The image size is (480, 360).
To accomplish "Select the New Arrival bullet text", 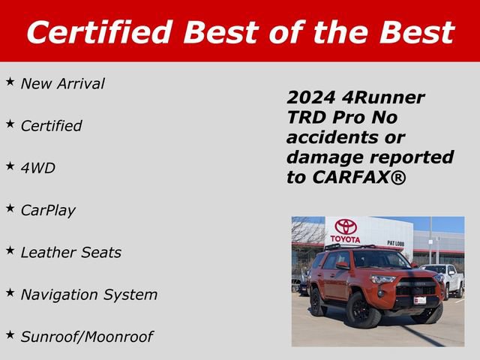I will point(62,84).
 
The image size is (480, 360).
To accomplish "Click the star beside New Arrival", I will point(10,79).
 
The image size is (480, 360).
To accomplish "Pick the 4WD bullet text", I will point(37,168).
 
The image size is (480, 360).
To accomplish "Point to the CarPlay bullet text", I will point(48,211).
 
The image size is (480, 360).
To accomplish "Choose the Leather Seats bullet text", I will point(70,253).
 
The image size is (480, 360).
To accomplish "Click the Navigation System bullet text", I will point(88,295).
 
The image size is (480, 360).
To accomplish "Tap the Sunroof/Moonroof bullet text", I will point(86,337).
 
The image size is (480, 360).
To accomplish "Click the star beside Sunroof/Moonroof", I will point(10,332).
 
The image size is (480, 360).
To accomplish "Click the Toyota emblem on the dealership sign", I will point(346,226).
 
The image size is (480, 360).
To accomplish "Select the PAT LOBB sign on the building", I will point(397,243).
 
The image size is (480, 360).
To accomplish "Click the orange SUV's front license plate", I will point(421,300).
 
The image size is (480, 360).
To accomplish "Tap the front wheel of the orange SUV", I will point(360,310).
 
